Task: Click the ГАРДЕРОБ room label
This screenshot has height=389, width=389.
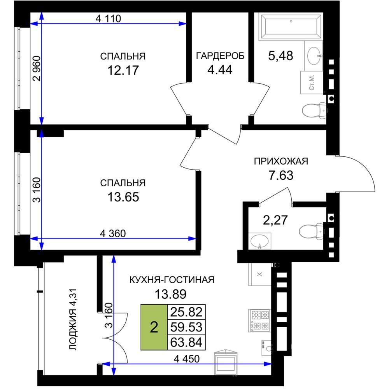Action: coord(220,56)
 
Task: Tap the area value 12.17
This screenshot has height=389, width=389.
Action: coord(123,70)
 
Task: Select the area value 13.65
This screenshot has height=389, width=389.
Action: coord(123,197)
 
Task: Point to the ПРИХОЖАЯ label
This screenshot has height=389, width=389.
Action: coord(281,161)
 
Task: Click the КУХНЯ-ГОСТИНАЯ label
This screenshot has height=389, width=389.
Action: coord(172,280)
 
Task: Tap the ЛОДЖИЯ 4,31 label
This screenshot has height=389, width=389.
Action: coord(73,319)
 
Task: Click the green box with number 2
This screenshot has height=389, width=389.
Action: coord(154,327)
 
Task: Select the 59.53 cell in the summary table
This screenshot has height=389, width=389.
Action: coord(186,327)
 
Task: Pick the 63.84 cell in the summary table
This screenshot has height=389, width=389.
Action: coord(186,342)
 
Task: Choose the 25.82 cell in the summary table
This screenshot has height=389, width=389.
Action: coord(186,312)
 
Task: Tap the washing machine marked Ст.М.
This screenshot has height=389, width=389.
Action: coord(312,82)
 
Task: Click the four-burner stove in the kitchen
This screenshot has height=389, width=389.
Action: coord(259,320)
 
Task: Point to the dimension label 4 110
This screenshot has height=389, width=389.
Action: coord(108,18)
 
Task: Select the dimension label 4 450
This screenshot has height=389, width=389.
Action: coord(187,359)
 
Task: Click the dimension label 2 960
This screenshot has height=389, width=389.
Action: coord(37,69)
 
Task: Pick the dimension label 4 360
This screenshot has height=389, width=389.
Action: coord(113,233)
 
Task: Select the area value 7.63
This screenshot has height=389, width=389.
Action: coord(281,175)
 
